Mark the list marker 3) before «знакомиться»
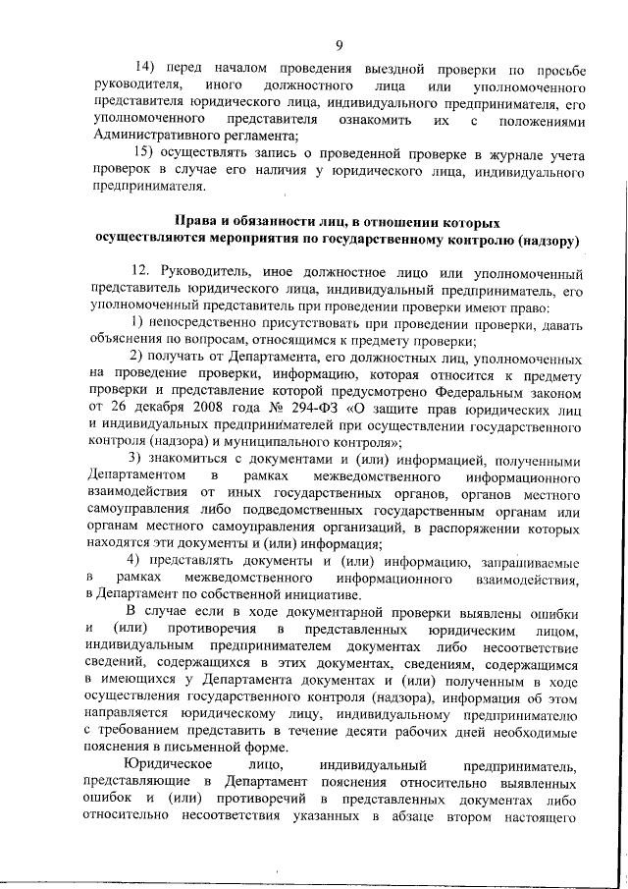click(x=137, y=460)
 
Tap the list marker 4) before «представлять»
click(x=137, y=561)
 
